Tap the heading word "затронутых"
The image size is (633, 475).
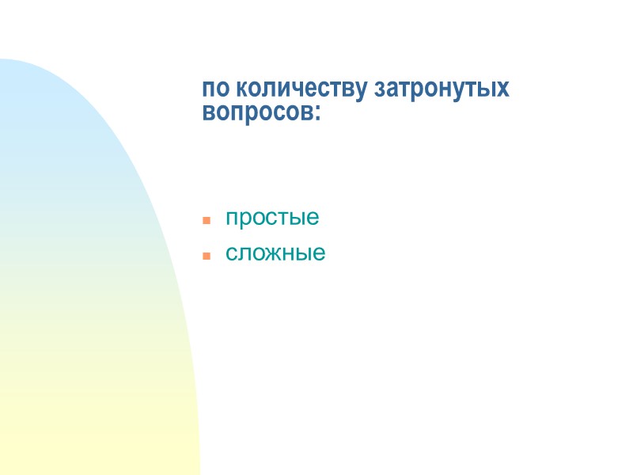point(442,89)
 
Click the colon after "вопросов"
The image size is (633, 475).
point(318,113)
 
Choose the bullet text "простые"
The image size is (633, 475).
point(272,218)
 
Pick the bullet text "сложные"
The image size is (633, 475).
point(275,254)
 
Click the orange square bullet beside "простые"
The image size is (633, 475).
point(206,219)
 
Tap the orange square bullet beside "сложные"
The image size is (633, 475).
point(206,256)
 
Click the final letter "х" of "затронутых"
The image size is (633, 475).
point(503,89)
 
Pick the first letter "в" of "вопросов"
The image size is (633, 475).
point(209,112)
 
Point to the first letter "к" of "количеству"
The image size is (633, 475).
point(243,89)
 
